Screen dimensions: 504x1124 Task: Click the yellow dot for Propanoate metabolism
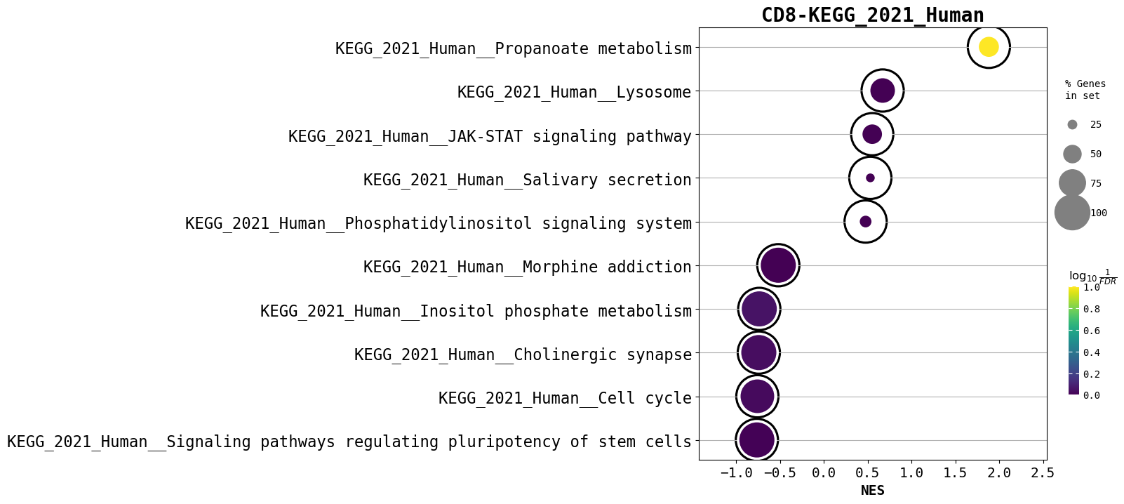989,47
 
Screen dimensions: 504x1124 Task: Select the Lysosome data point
883,91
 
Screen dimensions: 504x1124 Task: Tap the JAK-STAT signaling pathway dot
872,134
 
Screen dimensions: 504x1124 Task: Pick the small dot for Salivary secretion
870,178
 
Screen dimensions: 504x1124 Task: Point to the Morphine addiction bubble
778,265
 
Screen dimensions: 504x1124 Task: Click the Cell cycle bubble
757,397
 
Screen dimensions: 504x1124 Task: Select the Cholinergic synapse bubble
758,352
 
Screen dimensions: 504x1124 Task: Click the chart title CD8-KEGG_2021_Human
872,15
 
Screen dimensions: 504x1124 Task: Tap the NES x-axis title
872,491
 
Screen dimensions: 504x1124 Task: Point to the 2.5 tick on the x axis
1043,473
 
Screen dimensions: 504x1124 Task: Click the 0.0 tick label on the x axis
824,473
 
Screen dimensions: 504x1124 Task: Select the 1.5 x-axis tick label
955,473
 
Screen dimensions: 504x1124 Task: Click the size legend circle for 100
1072,213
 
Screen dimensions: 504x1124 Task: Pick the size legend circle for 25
1072,125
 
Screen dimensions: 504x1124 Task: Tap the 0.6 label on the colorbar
1091,331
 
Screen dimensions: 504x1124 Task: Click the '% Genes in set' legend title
1085,90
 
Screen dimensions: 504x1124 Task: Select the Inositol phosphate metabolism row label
476,311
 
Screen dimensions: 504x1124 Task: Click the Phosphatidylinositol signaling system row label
439,223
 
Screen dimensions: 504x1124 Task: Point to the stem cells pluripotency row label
349,442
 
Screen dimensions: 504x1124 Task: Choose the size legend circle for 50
1072,154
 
